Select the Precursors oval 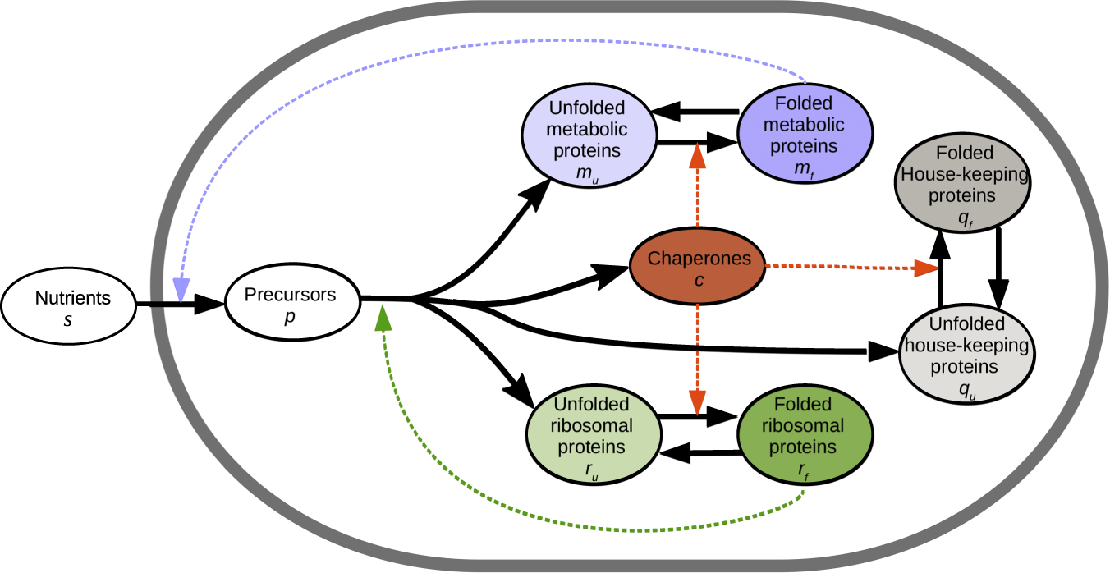coord(292,304)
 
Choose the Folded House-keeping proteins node coord(952,186)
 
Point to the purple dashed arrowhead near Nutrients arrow coord(181,289)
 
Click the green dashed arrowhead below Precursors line coord(383,318)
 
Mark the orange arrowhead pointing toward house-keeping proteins coord(925,268)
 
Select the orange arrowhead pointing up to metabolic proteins coord(697,155)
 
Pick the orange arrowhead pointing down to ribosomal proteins coord(697,403)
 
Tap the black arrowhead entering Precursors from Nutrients coord(209,305)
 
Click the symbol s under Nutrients coord(67,318)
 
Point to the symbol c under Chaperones coord(699,280)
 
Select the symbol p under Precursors coord(290,317)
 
